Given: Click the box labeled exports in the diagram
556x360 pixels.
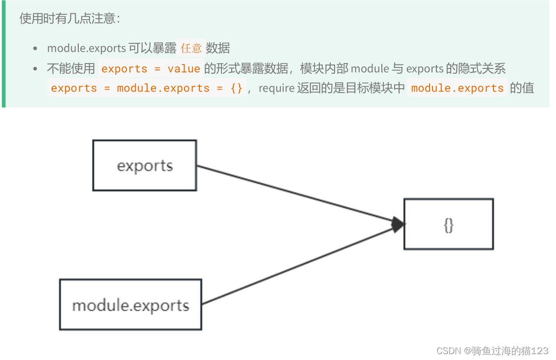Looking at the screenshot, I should [145, 165].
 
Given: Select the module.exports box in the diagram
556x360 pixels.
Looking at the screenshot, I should [130, 305].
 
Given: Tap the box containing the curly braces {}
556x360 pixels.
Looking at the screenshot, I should [448, 224].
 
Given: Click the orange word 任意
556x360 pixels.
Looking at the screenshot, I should [191, 48].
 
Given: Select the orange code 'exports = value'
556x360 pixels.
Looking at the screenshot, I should [151, 69].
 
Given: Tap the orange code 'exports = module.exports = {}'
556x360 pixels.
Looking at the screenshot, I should [147, 89].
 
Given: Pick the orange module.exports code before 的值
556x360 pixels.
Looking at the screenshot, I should [457, 89].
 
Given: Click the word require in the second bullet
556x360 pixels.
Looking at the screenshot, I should [276, 89].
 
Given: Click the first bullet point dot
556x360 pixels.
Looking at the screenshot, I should [35, 49].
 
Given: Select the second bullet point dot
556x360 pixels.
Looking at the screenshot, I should [35, 69].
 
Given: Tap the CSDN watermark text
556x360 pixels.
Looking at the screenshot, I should [492, 351].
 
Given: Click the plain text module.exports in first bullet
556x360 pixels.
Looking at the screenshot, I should [87, 48].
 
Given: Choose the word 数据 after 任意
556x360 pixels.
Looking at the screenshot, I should [218, 48].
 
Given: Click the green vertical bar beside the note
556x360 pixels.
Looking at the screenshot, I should [3, 54].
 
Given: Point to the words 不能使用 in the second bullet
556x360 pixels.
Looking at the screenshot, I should [71, 69].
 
